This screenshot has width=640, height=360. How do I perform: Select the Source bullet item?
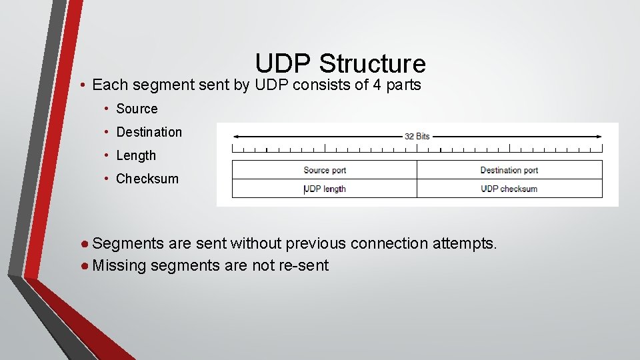[x=137, y=109]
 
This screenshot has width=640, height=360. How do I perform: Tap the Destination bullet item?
[x=149, y=132]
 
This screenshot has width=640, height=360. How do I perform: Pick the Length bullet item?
[x=136, y=155]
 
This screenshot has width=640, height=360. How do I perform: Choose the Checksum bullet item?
[x=147, y=179]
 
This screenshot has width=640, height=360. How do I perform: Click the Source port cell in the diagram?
[x=325, y=170]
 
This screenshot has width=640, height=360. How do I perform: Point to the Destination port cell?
[x=509, y=170]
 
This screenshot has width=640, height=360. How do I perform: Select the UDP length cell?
[x=325, y=189]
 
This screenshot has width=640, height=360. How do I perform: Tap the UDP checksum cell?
[x=509, y=189]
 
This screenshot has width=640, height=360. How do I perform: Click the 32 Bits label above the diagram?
[x=417, y=136]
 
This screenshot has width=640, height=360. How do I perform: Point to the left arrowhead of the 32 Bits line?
[x=235, y=136]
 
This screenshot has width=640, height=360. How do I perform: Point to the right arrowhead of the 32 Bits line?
[x=599, y=136]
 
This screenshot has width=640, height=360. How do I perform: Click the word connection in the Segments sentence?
[x=389, y=243]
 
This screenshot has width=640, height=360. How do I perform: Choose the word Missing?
[x=120, y=265]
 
